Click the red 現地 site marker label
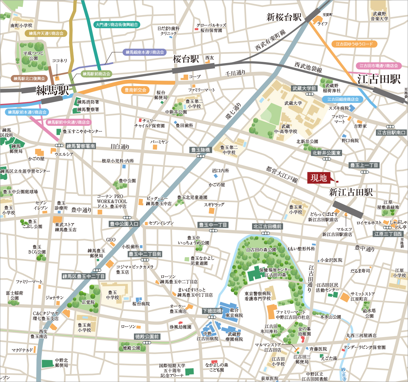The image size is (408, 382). pos(319,178)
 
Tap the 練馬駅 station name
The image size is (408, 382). pos(52,90)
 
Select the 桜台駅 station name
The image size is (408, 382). pos(186,59)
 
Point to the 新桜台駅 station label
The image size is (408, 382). pos(284,17)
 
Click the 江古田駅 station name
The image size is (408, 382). pos(379,79)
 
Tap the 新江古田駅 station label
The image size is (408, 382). pos(351,192)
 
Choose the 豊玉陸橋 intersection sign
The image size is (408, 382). pos(201,150)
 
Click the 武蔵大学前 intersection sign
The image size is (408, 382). pos(304,89)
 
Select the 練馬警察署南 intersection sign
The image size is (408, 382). pos(81,146)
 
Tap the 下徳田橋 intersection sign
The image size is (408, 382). pos(212,311)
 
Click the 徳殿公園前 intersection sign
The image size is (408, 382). pos(147,336)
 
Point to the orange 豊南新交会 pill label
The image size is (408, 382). pos(136,90)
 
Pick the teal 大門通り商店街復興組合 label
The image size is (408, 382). pos(117,24)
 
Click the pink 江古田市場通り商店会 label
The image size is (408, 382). pos(378,66)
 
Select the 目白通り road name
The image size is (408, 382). pos(120,147)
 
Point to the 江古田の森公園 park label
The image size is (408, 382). pos(261,250)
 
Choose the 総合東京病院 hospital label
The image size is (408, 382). pos(234,313)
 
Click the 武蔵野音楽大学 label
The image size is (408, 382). pos(379,16)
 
